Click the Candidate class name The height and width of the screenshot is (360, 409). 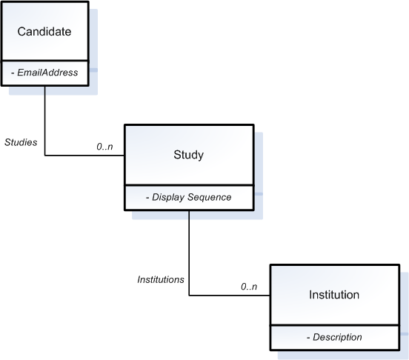pyautogui.click(x=44, y=33)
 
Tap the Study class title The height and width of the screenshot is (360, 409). pyautogui.click(x=188, y=156)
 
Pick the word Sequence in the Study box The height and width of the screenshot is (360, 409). pyautogui.click(x=210, y=197)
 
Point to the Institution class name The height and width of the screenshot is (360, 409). pyautogui.click(x=333, y=295)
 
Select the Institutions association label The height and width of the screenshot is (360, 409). pyautogui.click(x=160, y=280)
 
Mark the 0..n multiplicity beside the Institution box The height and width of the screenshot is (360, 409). pyautogui.click(x=249, y=286)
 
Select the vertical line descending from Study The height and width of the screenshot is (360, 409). pyautogui.click(x=189, y=252)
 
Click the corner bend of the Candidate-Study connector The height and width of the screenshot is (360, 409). pyautogui.click(x=45, y=156)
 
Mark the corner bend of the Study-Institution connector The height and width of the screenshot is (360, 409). pyautogui.click(x=189, y=296)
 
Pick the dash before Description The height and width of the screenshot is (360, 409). pyautogui.click(x=307, y=337)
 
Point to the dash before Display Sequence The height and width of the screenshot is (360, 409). pyautogui.click(x=147, y=197)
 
